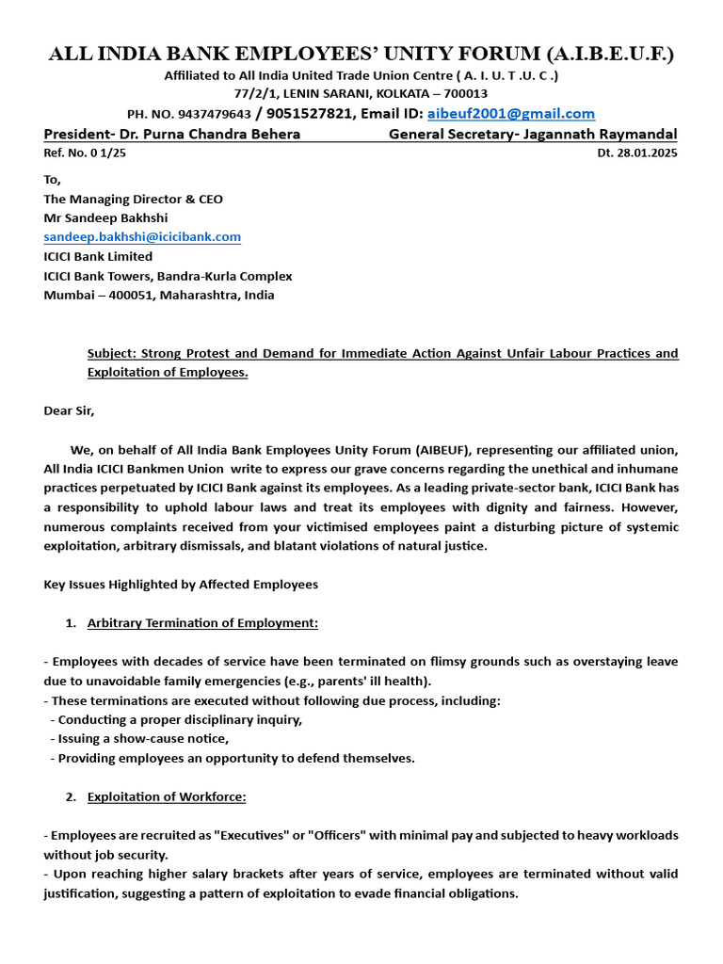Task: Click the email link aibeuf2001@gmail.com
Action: click(x=510, y=113)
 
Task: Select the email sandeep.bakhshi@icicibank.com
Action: click(x=142, y=237)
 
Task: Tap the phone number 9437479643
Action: click(x=214, y=114)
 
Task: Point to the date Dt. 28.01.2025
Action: click(x=636, y=153)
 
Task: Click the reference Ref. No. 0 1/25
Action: click(x=85, y=153)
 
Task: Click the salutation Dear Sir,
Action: click(x=69, y=410)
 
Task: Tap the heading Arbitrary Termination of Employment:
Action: click(x=202, y=623)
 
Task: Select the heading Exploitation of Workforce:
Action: click(x=167, y=796)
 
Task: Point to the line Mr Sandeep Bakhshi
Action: click(x=106, y=217)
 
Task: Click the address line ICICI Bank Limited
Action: click(x=98, y=256)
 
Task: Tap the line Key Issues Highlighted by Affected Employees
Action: click(x=181, y=585)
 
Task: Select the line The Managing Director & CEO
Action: click(x=133, y=199)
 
